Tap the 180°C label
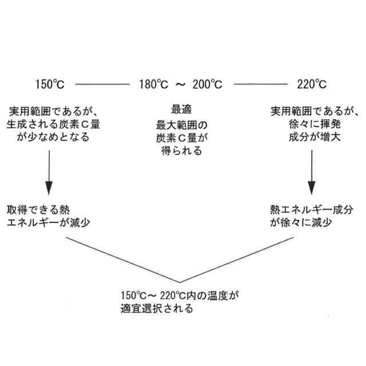click(152, 85)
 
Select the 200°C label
click(207, 85)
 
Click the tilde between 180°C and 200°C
click(180, 85)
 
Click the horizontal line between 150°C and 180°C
click(102, 85)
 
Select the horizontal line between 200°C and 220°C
click(260, 85)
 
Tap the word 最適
click(180, 110)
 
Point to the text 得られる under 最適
click(180, 151)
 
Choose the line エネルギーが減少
click(49, 222)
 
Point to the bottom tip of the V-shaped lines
click(182, 282)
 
